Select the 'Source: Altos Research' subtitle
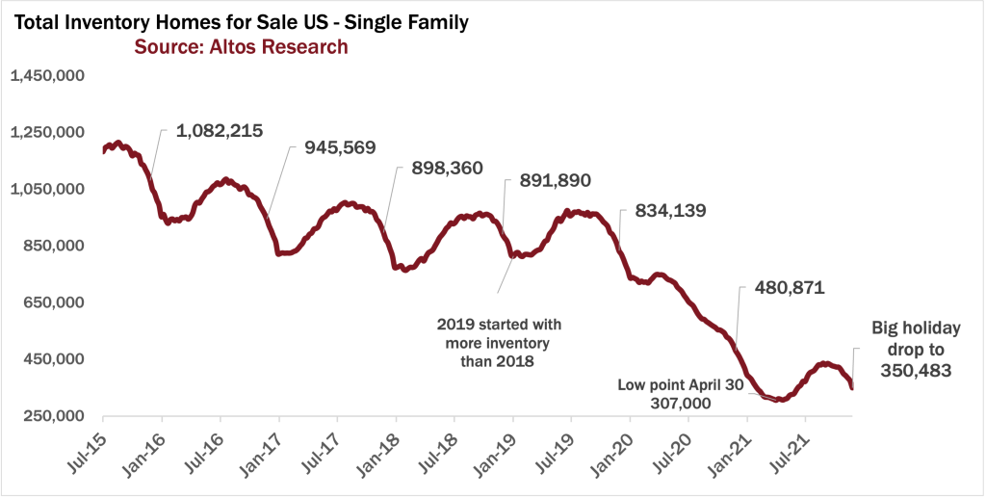point(241,46)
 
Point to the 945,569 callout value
point(340,147)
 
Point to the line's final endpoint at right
point(851,387)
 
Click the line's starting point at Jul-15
point(103,151)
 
